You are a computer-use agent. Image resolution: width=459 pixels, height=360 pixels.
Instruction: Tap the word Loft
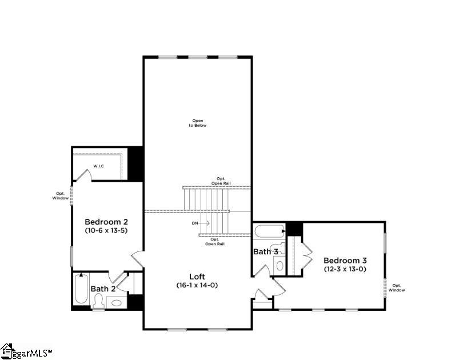(197, 277)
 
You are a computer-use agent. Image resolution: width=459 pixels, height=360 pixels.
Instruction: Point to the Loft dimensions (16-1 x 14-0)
(197, 285)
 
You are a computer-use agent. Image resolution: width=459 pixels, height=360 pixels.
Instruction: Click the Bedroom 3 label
(345, 260)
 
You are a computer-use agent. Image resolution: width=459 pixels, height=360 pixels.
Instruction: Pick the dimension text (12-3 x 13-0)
(345, 269)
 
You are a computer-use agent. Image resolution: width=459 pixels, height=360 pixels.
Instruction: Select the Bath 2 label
(103, 289)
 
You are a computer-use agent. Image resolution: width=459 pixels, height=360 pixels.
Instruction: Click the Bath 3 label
(266, 251)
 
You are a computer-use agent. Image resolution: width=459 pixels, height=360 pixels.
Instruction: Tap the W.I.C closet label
(98, 167)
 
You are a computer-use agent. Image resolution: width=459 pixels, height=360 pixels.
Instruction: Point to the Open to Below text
(198, 123)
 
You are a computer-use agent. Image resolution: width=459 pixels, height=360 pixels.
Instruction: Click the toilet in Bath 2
(98, 301)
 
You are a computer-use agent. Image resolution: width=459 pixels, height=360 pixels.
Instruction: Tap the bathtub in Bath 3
(269, 232)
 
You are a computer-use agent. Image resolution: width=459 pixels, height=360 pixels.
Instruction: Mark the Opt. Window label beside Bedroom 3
(397, 287)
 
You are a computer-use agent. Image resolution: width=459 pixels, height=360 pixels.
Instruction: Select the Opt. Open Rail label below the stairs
(215, 242)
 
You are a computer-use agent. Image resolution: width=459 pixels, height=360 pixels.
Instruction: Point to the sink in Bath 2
(117, 302)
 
